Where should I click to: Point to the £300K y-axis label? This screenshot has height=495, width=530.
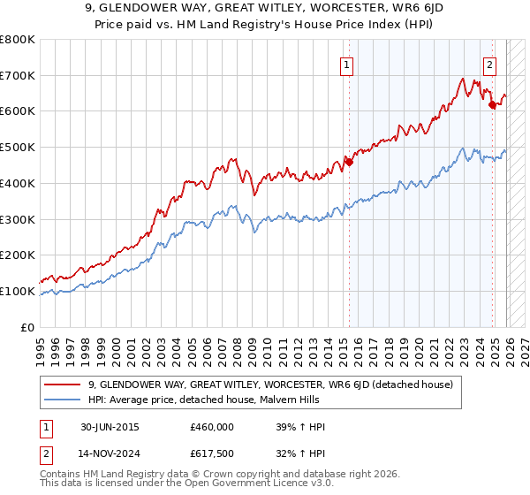18,219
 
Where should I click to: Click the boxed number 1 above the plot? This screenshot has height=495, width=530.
347,64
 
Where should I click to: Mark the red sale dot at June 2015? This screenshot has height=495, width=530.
349,161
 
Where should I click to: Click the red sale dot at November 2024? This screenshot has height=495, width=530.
492,103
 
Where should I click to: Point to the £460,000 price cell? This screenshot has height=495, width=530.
212,426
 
